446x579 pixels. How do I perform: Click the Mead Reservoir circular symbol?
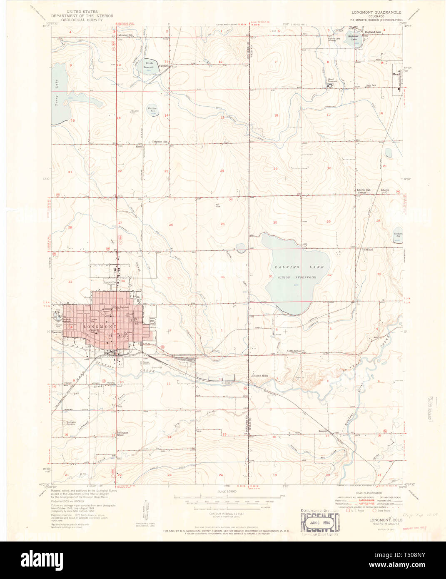(x=330, y=85)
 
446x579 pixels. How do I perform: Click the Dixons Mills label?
(x=260, y=376)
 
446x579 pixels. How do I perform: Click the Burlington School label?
(x=122, y=434)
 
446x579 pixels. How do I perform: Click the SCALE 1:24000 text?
(x=227, y=492)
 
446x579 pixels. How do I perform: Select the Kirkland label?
(x=368, y=250)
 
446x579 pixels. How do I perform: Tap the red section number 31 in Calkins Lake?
(x=271, y=276)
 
